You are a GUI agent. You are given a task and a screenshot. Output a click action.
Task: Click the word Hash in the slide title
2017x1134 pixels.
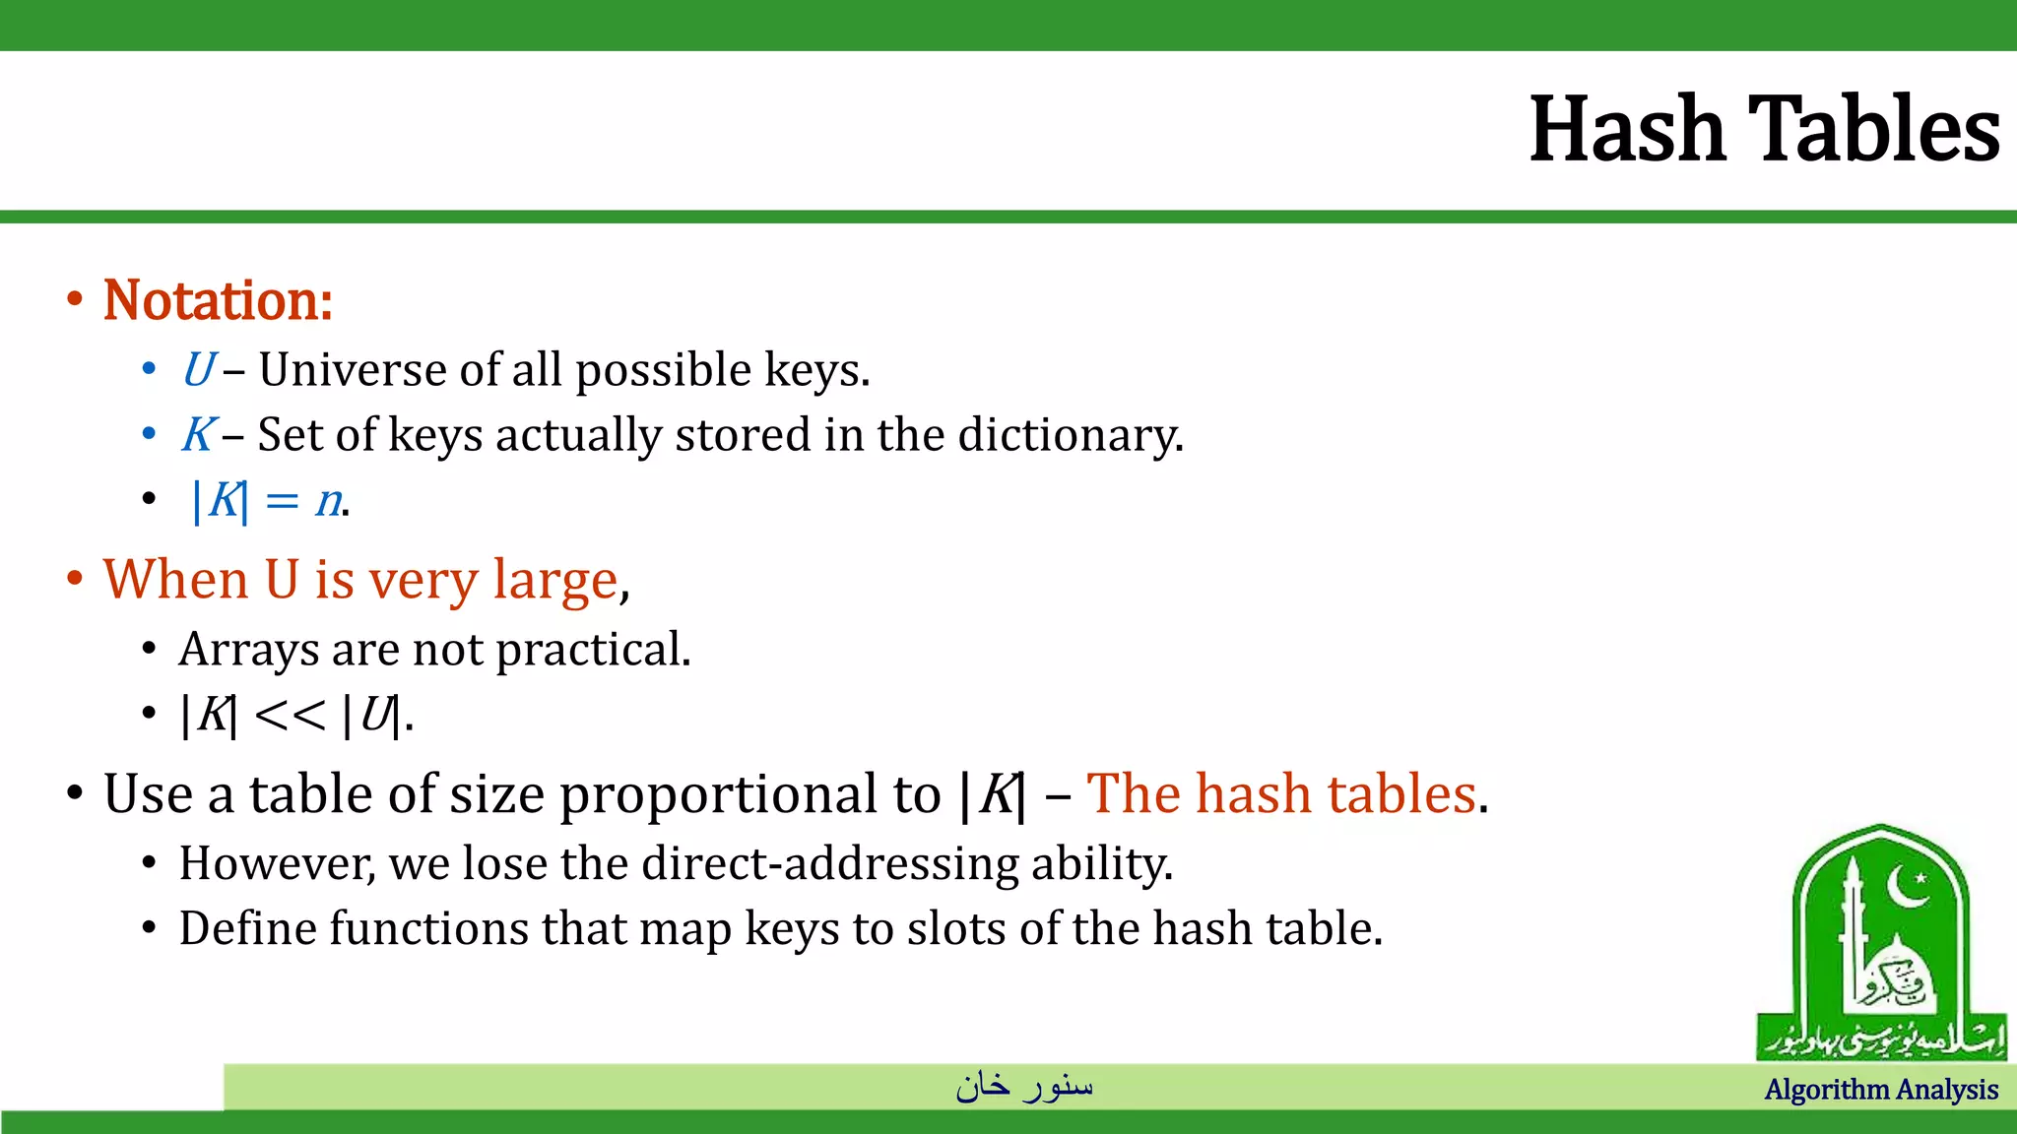point(1626,130)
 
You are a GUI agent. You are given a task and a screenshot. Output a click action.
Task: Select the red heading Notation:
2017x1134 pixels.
point(218,300)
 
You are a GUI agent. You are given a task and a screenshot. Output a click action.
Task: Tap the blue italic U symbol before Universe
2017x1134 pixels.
point(198,370)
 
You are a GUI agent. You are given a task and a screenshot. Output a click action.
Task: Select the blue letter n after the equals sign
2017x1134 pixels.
point(328,501)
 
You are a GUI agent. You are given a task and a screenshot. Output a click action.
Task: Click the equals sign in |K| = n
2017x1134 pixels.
point(282,502)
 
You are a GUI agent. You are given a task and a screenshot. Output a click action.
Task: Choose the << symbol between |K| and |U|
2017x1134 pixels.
point(290,716)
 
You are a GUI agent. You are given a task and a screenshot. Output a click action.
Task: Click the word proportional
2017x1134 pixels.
point(749,794)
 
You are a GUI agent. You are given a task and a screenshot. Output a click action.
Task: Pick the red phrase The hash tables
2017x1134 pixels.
point(1281,793)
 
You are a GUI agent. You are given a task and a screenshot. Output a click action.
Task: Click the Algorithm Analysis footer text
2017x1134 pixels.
point(1881,1090)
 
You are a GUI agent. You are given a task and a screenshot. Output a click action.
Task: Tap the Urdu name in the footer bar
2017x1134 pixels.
point(1024,1086)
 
